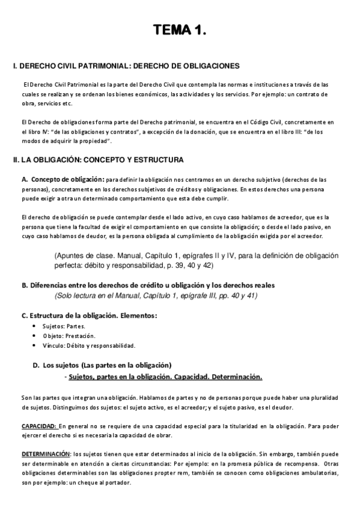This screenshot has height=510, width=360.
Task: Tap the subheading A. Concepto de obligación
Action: coord(63,179)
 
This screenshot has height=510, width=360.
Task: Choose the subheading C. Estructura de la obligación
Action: coord(90,315)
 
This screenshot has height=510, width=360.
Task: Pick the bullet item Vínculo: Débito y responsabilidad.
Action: coord(85,345)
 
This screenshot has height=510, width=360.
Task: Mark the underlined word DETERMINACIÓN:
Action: coord(46,453)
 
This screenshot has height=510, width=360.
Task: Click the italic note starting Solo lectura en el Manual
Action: coord(156,295)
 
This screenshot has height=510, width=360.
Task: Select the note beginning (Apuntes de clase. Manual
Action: coord(196,260)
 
